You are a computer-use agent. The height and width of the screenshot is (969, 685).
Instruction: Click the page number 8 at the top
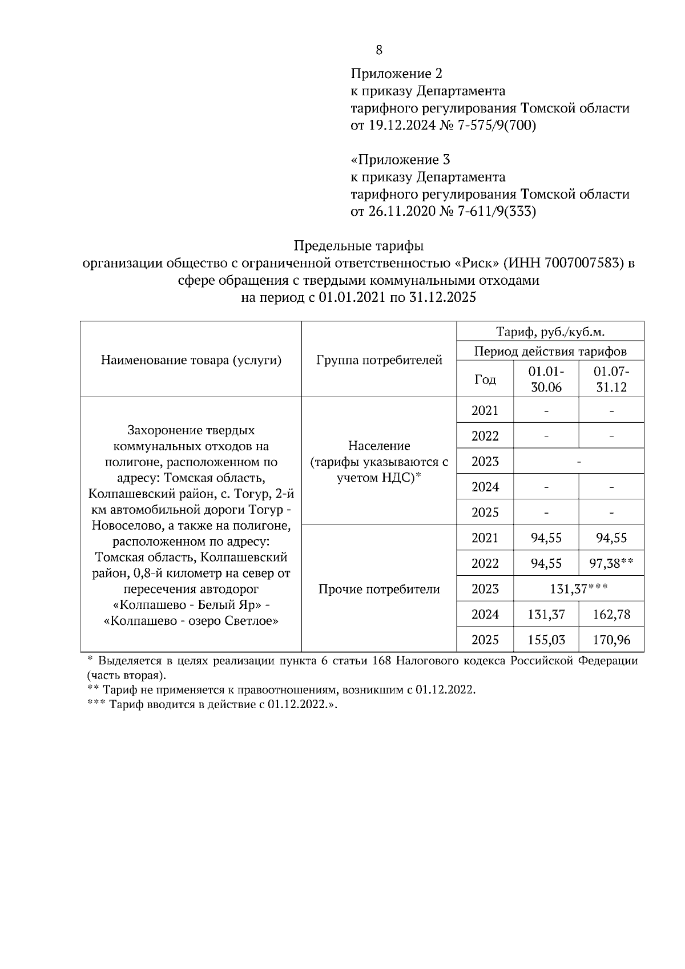[x=379, y=50]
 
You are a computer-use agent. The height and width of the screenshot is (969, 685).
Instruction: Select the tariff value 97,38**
[x=611, y=563]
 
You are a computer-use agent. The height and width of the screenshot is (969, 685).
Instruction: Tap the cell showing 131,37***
[x=578, y=589]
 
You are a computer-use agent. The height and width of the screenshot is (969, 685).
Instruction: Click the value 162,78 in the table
[x=611, y=615]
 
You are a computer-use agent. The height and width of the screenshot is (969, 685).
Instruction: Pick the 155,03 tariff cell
[x=546, y=640]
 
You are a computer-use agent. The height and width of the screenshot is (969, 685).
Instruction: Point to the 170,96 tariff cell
[x=611, y=640]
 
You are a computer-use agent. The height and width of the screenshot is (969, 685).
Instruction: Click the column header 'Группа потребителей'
[x=379, y=360]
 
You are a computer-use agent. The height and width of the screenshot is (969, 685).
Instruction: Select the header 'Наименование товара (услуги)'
[x=191, y=360]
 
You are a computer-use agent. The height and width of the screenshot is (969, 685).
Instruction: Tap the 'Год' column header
[x=485, y=379]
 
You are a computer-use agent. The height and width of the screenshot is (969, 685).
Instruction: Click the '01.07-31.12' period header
[x=611, y=379]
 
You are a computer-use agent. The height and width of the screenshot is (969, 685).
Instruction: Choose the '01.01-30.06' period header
[x=546, y=379]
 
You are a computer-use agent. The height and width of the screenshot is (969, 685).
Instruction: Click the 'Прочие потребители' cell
[x=379, y=589]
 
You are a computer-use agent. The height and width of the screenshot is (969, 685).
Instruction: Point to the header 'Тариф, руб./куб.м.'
[x=550, y=332]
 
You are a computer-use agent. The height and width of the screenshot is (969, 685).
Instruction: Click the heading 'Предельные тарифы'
[x=358, y=246]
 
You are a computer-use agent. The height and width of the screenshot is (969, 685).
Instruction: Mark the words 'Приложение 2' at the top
[x=396, y=74]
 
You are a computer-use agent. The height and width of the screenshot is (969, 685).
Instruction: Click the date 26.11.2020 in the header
[x=399, y=212]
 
